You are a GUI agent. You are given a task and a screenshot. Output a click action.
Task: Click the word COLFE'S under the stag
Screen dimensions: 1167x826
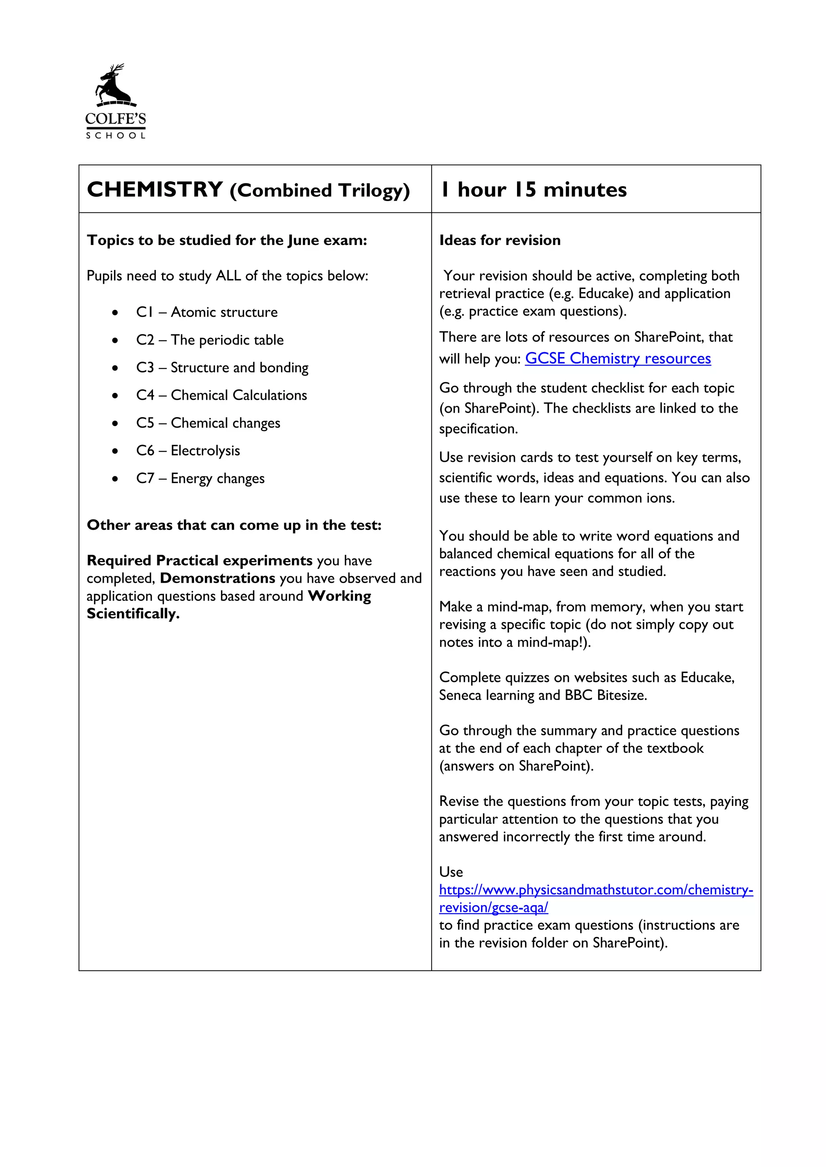115,119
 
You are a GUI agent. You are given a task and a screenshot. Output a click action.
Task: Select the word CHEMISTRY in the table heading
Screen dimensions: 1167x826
155,189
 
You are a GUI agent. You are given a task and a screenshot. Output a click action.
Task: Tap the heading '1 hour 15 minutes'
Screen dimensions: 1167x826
534,189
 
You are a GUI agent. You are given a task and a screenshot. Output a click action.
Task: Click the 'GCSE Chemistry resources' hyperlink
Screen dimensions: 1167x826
617,358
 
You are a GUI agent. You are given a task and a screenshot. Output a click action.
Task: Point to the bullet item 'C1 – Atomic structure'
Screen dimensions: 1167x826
206,312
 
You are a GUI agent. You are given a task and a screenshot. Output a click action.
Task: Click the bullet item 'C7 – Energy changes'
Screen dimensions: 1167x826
200,478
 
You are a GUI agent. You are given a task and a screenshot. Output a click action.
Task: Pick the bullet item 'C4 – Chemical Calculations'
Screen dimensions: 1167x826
221,395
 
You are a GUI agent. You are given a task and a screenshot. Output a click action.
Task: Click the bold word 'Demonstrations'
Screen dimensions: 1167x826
218,578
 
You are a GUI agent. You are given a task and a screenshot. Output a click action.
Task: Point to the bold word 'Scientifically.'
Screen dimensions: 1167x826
133,614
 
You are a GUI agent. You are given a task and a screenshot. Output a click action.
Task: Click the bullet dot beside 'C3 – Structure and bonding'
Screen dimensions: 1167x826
115,368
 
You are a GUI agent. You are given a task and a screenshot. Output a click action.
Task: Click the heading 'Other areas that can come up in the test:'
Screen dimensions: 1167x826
234,525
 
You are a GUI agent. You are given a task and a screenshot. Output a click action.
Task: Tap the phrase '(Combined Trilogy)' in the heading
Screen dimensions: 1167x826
319,191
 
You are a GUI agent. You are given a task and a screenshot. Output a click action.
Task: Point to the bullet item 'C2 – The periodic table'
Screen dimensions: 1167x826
210,340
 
